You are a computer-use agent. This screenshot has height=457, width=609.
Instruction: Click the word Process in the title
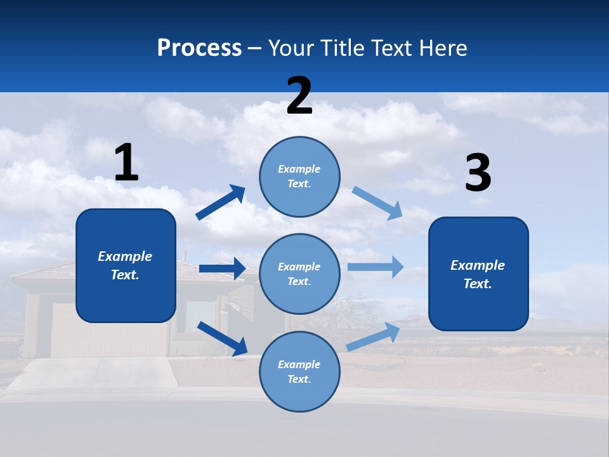(x=199, y=48)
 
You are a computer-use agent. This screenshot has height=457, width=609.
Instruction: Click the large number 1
(x=126, y=162)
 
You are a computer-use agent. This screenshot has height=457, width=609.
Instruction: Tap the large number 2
(x=299, y=96)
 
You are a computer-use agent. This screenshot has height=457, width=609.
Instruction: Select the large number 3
(x=478, y=173)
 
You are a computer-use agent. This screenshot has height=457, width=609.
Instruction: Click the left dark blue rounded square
(x=126, y=265)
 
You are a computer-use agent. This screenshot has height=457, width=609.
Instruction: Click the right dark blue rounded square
(x=478, y=274)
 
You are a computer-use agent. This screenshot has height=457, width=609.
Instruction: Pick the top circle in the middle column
(x=299, y=176)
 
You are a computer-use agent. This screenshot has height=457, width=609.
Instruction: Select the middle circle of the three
(x=299, y=274)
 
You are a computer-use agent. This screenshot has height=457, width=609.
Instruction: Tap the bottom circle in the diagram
(x=299, y=371)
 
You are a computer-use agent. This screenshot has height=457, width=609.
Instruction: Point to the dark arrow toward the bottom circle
(x=222, y=338)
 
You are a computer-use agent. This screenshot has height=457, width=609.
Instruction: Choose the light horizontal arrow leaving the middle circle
(x=375, y=267)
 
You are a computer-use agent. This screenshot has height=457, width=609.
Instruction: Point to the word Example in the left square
(x=125, y=256)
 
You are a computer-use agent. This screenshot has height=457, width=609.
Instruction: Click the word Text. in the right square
(x=478, y=284)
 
